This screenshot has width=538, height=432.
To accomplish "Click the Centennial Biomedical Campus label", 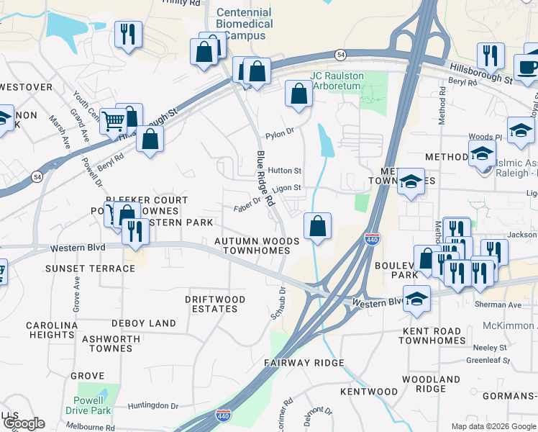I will (x=244, y=24).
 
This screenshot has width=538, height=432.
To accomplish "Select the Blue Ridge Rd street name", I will (x=265, y=180).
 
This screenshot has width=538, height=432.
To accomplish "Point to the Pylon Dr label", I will (x=281, y=133).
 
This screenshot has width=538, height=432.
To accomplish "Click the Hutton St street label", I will (x=284, y=171).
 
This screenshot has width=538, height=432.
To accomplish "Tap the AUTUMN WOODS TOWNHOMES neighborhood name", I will (x=256, y=246).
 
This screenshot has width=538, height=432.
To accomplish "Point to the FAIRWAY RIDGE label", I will (x=304, y=363).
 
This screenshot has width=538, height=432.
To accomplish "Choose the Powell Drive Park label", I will (x=92, y=405).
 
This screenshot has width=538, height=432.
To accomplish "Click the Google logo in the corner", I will (x=23, y=423).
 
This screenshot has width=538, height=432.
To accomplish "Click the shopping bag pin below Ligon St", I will (x=317, y=227).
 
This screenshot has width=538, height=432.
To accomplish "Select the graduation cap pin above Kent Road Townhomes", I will (x=416, y=297).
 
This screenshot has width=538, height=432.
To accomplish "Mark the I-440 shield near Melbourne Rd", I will (x=223, y=416).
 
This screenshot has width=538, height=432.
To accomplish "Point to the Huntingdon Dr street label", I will (x=153, y=406).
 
